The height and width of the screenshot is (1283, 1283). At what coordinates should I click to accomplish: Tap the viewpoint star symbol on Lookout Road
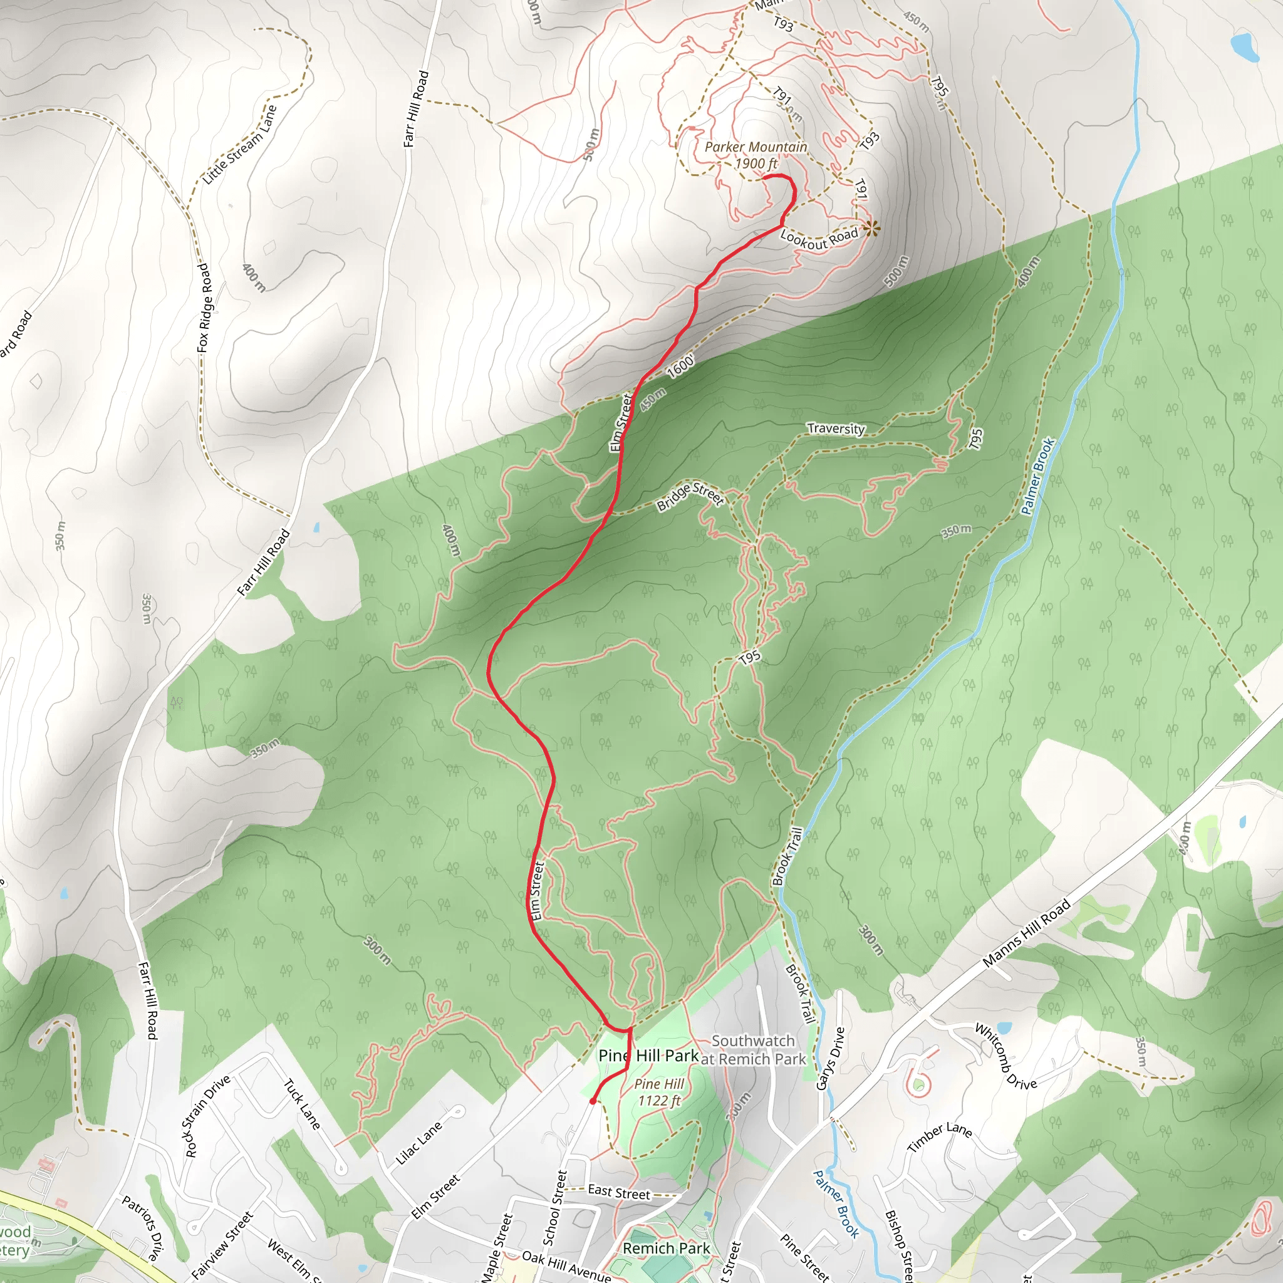(871, 229)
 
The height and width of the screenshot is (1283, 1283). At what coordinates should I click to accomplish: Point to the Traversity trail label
(836, 429)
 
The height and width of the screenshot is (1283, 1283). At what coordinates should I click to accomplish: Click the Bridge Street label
(690, 496)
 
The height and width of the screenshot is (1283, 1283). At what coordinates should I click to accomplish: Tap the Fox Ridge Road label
(204, 308)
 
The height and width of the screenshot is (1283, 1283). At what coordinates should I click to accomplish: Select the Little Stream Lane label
(239, 144)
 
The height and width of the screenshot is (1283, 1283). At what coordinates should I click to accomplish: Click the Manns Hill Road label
(1026, 932)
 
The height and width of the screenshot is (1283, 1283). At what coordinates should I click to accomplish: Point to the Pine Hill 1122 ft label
(659, 1092)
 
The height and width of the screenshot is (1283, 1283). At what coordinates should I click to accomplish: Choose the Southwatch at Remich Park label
(753, 1050)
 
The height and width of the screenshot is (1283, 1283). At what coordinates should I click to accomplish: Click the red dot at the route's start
(593, 1101)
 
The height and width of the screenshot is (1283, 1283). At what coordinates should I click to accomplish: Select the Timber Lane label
(940, 1138)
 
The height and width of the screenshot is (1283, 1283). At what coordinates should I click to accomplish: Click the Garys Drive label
(830, 1059)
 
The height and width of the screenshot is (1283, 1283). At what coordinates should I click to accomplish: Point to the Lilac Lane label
(418, 1143)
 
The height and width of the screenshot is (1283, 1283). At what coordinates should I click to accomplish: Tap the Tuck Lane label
(303, 1104)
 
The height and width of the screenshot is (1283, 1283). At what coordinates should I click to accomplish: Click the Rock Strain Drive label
(207, 1115)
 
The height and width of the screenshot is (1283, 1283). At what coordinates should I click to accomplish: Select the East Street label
(619, 1193)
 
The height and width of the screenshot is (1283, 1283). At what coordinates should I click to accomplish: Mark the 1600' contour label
(681, 366)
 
